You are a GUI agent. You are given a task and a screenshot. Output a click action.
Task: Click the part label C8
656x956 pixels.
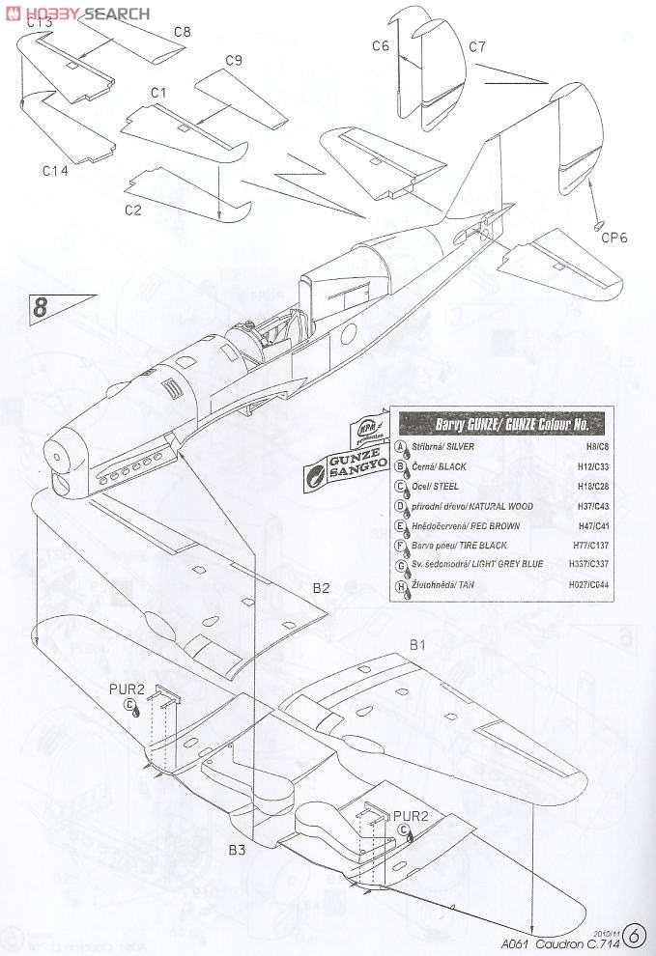(182, 32)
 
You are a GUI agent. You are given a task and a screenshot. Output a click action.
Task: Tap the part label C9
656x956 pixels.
(233, 61)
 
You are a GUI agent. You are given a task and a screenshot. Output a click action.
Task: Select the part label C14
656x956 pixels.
(55, 171)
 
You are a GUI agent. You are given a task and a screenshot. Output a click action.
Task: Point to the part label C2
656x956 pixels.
(133, 208)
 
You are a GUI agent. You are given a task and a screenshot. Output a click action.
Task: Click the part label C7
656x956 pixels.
(476, 46)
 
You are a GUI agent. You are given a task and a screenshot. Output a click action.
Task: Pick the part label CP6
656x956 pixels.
(615, 239)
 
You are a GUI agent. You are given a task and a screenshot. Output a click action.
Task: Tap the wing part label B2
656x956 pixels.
(321, 587)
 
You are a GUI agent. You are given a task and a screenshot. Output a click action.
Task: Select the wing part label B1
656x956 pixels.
(418, 644)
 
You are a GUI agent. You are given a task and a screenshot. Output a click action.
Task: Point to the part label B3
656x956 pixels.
(238, 850)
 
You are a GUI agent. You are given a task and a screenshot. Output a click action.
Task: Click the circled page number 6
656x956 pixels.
(634, 935)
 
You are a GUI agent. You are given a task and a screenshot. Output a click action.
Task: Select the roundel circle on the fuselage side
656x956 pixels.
(349, 340)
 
